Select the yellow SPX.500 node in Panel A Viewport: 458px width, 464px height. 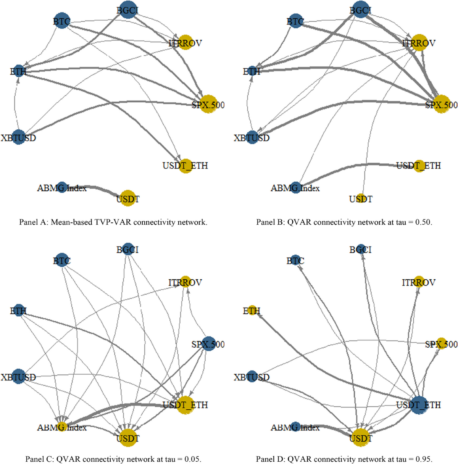208,104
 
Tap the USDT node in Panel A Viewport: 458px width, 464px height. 128,199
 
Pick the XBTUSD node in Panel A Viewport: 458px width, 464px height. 18,137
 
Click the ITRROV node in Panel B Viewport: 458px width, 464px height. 419,43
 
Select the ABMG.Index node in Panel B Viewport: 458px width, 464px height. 295,187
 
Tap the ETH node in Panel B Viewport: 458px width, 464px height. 252,71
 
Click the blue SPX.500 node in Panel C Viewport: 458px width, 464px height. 208,344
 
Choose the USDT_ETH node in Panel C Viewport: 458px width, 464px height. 185,405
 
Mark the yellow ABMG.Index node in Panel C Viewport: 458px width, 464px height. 62,427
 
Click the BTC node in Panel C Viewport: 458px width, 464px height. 62,261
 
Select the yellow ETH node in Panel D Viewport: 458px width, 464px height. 252,311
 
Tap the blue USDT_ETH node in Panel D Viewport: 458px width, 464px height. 419,405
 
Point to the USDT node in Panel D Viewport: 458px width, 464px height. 361,438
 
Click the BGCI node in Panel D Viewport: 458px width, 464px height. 361,250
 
